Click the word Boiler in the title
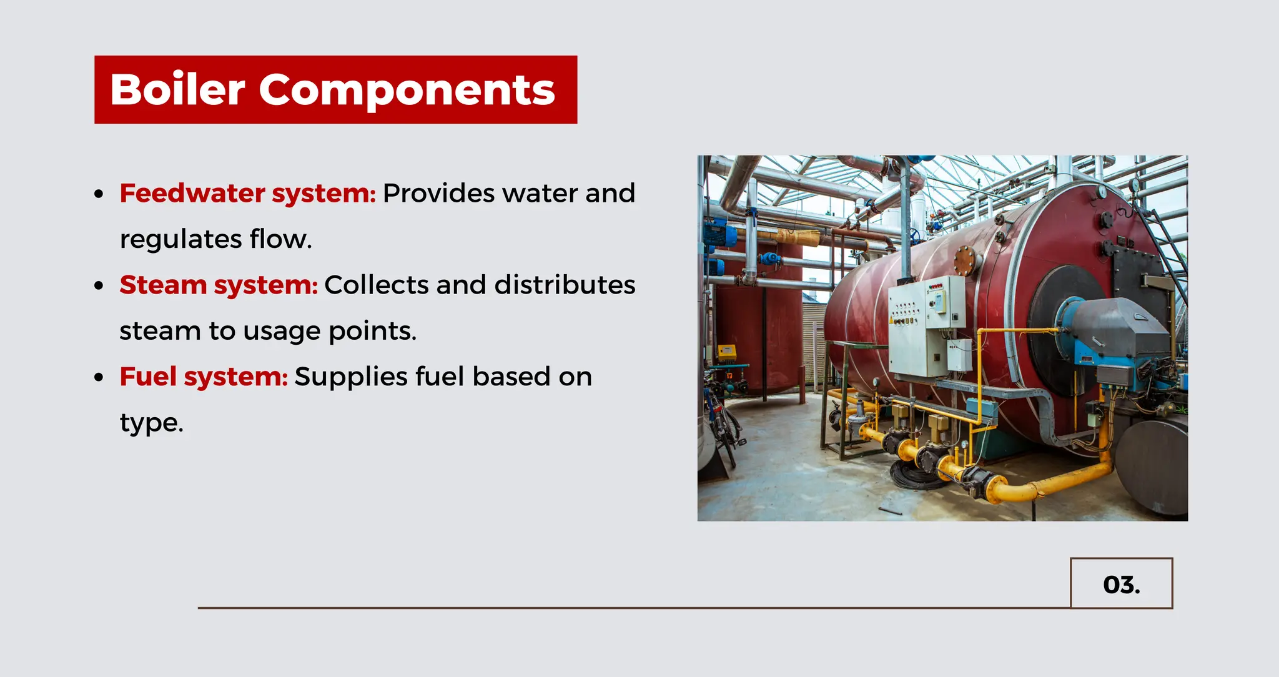tap(177, 90)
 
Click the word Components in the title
tap(407, 90)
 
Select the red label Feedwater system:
tap(247, 193)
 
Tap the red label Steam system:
tap(219, 285)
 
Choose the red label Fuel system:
tap(204, 377)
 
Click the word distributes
tap(565, 285)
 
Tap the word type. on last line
tap(151, 423)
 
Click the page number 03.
tap(1121, 585)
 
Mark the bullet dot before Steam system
tap(99, 286)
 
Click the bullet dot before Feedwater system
tap(99, 194)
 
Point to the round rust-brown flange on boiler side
tap(965, 260)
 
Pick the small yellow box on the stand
tap(726, 353)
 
